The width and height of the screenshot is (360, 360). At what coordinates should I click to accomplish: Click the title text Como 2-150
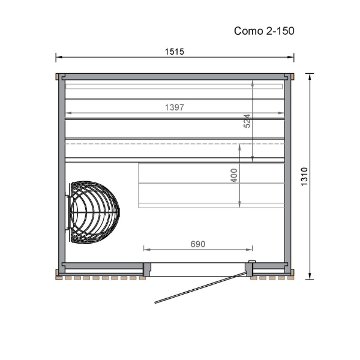tap(264, 31)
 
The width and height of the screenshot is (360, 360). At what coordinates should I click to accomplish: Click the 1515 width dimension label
tap(175, 52)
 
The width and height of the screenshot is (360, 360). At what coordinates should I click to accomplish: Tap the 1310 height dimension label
tap(304, 176)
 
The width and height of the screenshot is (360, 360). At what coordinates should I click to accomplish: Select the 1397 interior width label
tap(175, 107)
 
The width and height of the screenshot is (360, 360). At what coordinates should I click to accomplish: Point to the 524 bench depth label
tap(247, 121)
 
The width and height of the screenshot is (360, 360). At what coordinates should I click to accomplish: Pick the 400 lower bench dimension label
tap(234, 175)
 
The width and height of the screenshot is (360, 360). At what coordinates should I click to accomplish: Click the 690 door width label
tap(198, 244)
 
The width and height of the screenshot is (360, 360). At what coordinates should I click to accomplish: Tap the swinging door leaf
tap(201, 287)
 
